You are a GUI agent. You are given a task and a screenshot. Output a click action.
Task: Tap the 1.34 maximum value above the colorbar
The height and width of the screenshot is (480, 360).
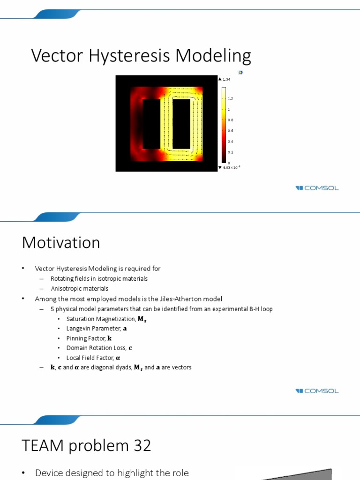pos(226,80)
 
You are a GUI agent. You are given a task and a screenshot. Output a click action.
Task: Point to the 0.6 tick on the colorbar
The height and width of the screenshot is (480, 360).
pos(230,131)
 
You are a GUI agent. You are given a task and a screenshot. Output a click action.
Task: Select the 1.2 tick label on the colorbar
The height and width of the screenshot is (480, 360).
pos(230,98)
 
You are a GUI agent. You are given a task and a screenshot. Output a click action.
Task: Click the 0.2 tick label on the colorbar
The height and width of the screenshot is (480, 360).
pos(230,152)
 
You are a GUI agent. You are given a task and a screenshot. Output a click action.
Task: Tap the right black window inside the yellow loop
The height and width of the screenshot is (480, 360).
pos(181,124)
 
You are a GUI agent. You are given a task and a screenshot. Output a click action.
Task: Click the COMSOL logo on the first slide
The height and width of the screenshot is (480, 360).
pos(317,188)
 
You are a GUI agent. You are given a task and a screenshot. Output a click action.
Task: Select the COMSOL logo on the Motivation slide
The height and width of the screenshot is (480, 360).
pos(317,391)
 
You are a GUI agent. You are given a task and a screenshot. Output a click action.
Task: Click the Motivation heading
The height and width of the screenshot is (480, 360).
pos(61,243)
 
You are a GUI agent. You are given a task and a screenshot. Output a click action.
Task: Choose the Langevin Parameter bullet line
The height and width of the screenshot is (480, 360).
pos(96,329)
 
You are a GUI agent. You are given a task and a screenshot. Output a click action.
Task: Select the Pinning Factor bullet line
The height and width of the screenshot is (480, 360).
pos(89,338)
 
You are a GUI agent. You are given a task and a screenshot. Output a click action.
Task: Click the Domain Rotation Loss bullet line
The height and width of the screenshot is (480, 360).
pos(99,348)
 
